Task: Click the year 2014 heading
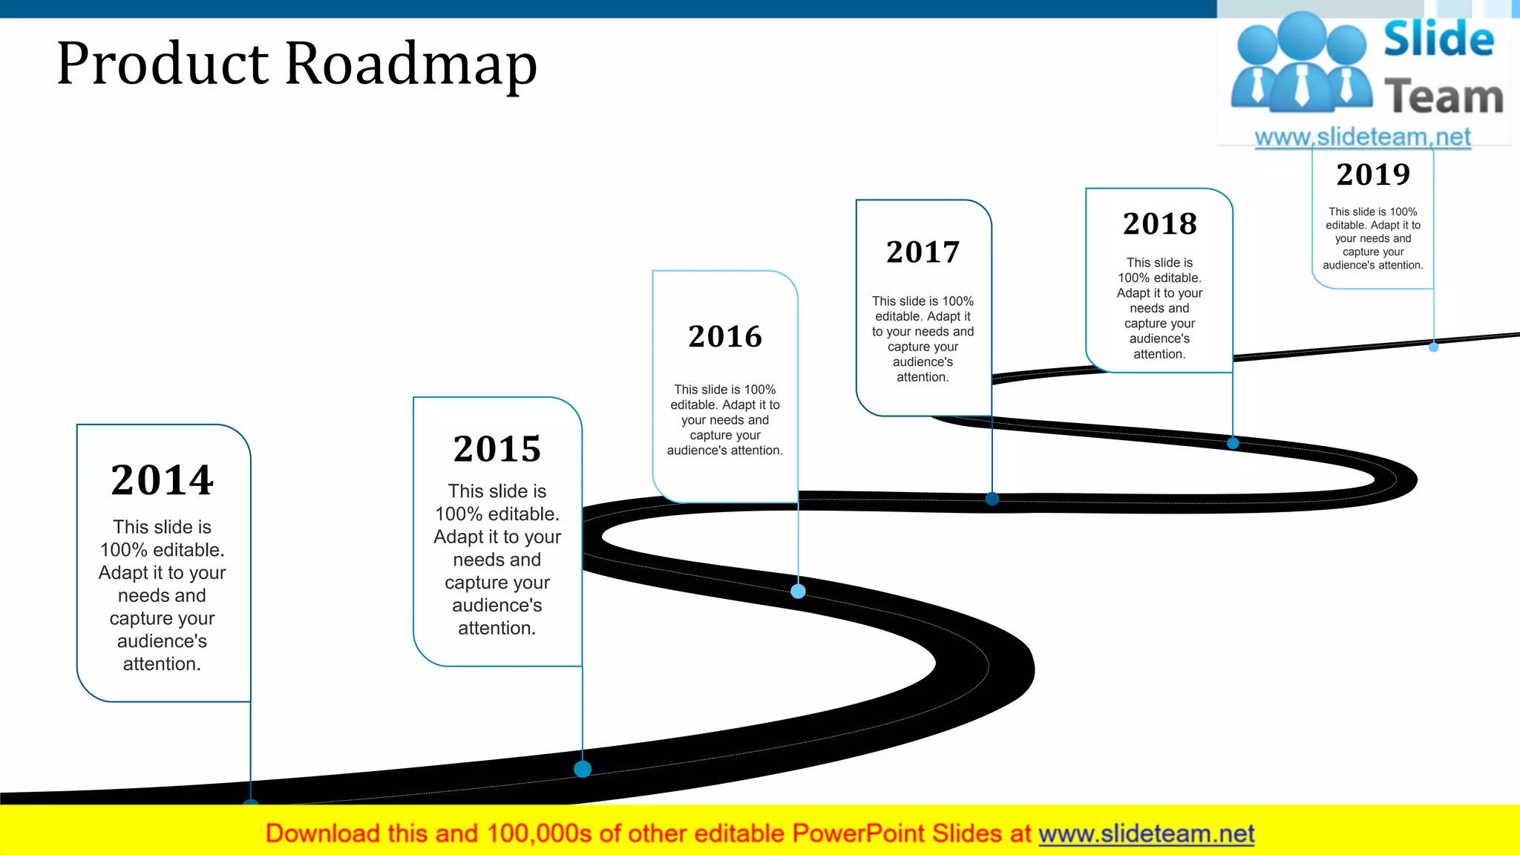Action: click(x=163, y=480)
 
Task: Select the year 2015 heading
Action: click(x=497, y=449)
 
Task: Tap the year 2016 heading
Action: click(x=725, y=337)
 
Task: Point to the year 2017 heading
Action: click(x=923, y=252)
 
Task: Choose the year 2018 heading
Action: click(x=1160, y=224)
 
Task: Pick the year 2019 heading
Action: click(x=1373, y=175)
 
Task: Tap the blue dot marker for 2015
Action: click(x=583, y=769)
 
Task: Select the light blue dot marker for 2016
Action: click(x=798, y=592)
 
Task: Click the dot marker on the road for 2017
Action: click(x=992, y=499)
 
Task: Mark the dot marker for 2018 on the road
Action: click(x=1233, y=443)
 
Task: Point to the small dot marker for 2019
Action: click(x=1434, y=347)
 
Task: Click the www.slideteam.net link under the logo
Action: click(x=1363, y=137)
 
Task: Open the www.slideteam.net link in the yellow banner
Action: click(x=1146, y=834)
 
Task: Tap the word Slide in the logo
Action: click(x=1438, y=39)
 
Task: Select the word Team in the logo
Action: click(x=1444, y=97)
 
